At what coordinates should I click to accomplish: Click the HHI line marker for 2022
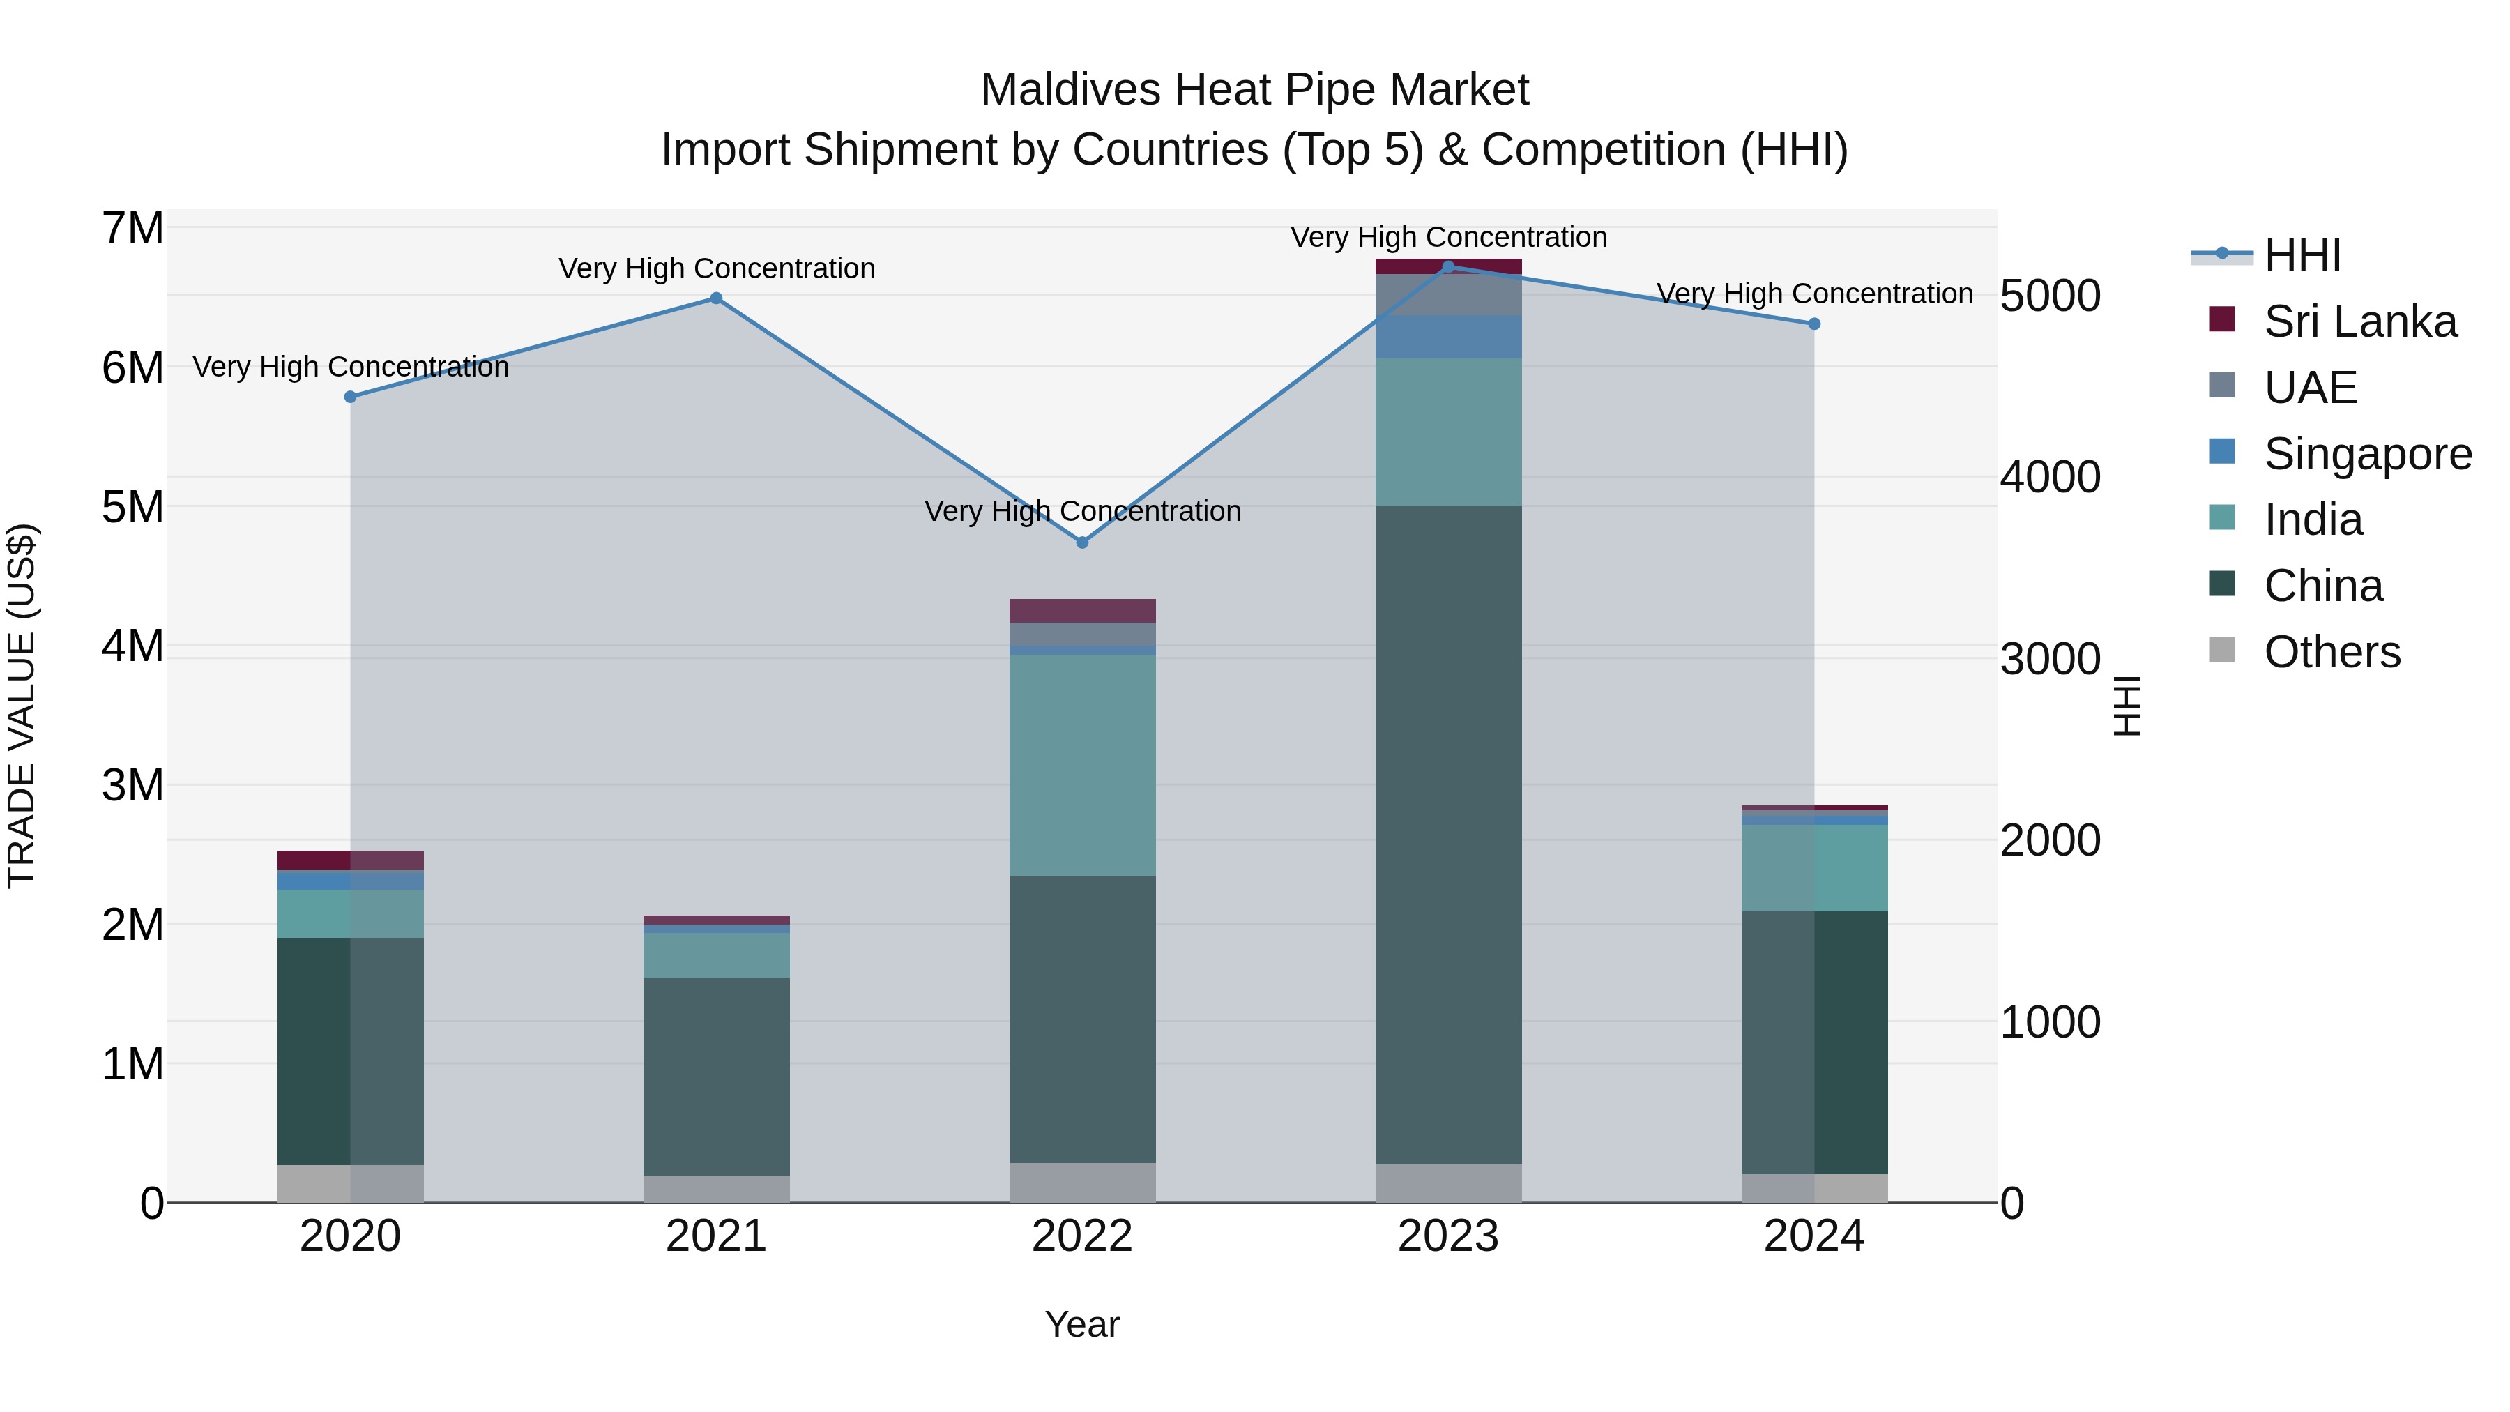(x=1081, y=542)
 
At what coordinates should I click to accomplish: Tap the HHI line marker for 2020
(x=351, y=397)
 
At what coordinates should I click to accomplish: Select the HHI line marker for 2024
(x=1813, y=324)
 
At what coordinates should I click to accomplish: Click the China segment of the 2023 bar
(x=1448, y=833)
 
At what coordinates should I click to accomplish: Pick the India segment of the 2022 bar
(x=1081, y=764)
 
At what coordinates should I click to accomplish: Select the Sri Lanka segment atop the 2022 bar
(x=1081, y=610)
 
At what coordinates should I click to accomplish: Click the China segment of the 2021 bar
(x=716, y=1076)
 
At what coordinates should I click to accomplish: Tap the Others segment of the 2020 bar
(x=351, y=1183)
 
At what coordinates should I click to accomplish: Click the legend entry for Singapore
(x=2366, y=454)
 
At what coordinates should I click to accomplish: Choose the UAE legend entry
(x=2309, y=388)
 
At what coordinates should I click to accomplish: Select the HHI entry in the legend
(x=2302, y=255)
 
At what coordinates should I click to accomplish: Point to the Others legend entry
(x=2331, y=652)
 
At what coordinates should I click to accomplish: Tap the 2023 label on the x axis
(x=1448, y=1236)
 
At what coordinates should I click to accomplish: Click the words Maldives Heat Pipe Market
(x=1254, y=90)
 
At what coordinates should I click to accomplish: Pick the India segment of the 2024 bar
(x=1813, y=867)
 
